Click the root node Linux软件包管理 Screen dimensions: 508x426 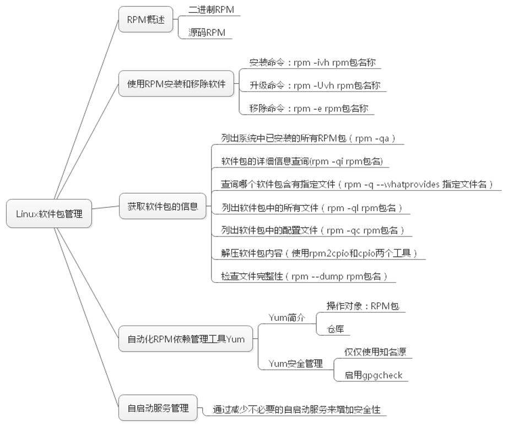(49, 213)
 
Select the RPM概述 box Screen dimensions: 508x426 (146, 19)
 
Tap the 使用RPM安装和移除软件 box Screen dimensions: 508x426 (176, 84)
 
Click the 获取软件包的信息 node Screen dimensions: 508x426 (163, 206)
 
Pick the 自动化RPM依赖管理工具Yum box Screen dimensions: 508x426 (186, 339)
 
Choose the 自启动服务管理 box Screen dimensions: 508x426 (158, 408)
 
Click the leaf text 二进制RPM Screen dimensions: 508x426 (211, 9)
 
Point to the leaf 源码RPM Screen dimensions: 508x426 (207, 33)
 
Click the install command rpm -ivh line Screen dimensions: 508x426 (312, 62)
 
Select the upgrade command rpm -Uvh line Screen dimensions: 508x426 (315, 85)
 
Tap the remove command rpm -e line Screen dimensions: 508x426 (309, 108)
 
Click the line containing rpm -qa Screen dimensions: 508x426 (309, 138)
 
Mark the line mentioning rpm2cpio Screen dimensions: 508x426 (319, 253)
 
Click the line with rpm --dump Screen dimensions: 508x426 (304, 276)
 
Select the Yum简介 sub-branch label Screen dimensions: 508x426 (287, 318)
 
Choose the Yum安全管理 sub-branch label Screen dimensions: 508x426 (296, 364)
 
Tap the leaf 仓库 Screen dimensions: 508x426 (336, 329)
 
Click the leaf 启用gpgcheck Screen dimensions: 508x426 (373, 375)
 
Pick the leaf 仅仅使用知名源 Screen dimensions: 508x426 (375, 352)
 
